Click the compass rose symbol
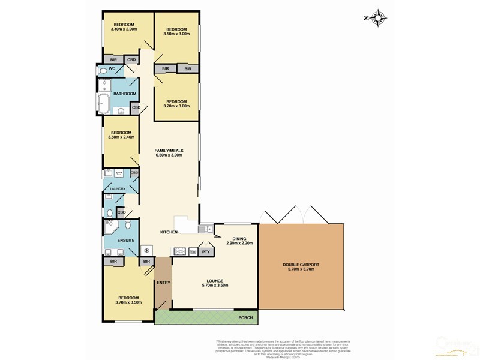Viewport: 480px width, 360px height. click(377, 18)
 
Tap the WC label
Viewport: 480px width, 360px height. click(112, 69)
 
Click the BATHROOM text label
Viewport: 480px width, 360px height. click(125, 94)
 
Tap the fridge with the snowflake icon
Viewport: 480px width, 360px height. click(146, 251)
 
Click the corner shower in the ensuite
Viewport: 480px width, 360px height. click(111, 226)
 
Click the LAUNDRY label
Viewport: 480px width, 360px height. click(117, 189)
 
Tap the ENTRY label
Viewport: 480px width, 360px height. click(163, 283)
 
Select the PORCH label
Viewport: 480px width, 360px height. click(244, 317)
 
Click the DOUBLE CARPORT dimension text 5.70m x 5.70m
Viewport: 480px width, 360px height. click(301, 269)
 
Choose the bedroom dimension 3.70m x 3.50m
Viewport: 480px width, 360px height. click(128, 303)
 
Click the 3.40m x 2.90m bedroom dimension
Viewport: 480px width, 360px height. click(124, 29)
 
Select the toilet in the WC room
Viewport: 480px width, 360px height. click(103, 70)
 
